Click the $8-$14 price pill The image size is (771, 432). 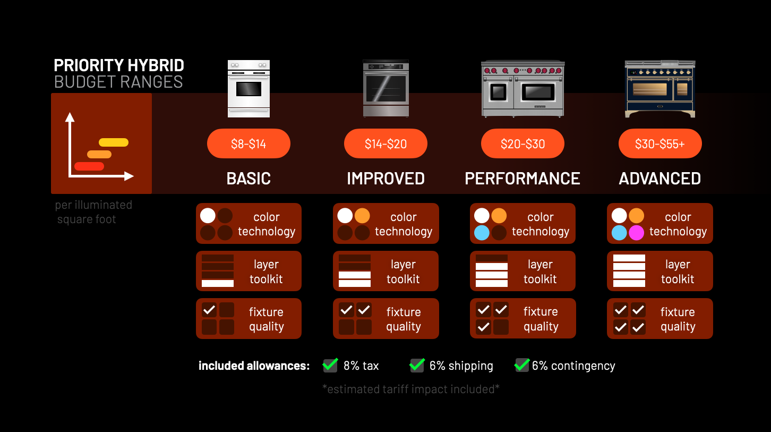click(249, 143)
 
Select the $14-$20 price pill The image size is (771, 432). click(385, 143)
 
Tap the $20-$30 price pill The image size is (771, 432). click(522, 143)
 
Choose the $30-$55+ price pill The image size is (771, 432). click(660, 143)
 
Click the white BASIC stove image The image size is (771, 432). click(249, 88)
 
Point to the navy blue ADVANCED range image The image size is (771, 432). click(660, 89)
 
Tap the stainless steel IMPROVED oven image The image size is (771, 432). click(385, 88)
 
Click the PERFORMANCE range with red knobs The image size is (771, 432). click(522, 88)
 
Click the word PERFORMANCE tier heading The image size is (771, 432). click(522, 179)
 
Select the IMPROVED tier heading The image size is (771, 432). click(385, 179)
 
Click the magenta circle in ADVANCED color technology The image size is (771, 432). click(636, 233)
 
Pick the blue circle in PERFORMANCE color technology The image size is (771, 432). click(482, 233)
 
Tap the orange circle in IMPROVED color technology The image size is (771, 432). click(362, 216)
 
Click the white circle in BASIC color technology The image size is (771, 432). click(208, 216)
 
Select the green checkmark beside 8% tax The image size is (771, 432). click(330, 365)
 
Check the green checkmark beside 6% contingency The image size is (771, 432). click(522, 365)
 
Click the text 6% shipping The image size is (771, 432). click(461, 366)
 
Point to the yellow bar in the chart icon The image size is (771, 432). click(114, 142)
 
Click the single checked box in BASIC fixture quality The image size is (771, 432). click(209, 310)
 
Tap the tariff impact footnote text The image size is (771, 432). click(411, 389)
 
